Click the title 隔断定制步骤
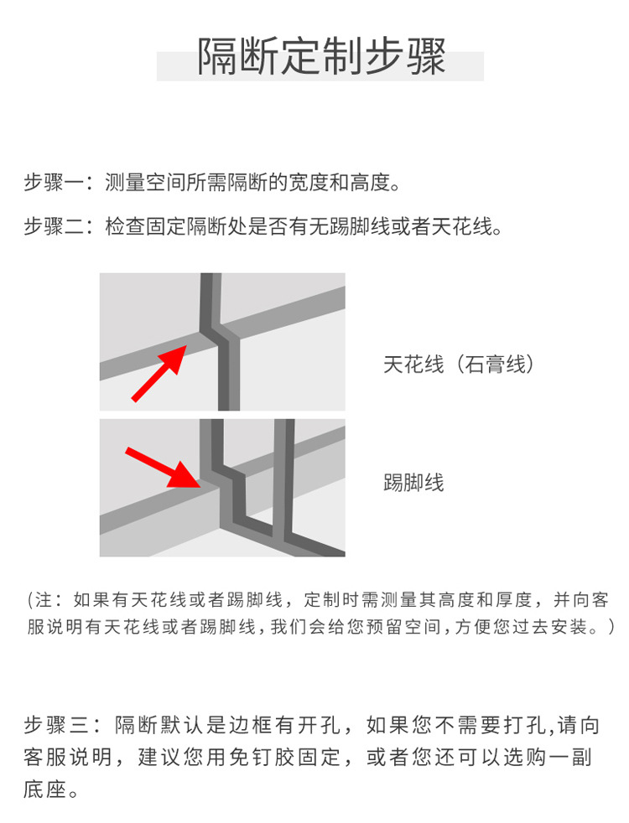321,56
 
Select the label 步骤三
57,725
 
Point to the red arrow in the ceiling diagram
159,373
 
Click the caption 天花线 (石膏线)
459,364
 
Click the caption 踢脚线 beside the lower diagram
413,483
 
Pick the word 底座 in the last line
44,789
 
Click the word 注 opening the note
44,599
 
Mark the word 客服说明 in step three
68,757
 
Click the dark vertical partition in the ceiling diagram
221,342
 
